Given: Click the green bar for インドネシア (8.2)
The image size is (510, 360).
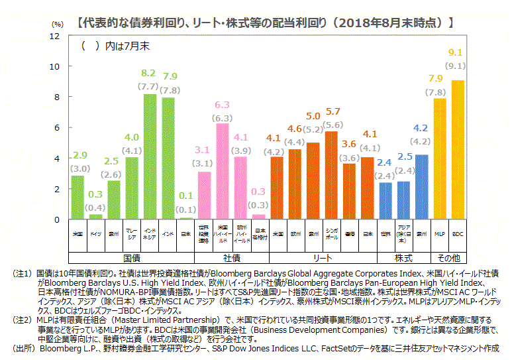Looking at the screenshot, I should pyautogui.click(x=150, y=156).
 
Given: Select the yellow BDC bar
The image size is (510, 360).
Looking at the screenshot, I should pyautogui.click(x=458, y=150).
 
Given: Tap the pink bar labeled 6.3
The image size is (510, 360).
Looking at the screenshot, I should pyautogui.click(x=223, y=171).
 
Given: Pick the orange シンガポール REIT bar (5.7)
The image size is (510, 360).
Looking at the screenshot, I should pyautogui.click(x=331, y=175).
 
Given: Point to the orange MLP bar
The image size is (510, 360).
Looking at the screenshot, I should pyautogui.click(x=440, y=158).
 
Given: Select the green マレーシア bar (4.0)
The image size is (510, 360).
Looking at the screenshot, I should pyautogui.click(x=132, y=188).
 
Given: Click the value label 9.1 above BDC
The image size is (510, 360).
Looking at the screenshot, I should pyautogui.click(x=456, y=52).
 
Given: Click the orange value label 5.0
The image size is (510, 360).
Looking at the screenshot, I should pyautogui.click(x=313, y=117).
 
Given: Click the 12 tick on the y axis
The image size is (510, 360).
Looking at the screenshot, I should pyautogui.click(x=55, y=36).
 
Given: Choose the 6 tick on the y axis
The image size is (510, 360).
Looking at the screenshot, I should pyautogui.click(x=57, y=127).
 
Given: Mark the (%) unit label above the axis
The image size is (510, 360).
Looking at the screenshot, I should pyautogui.click(x=58, y=24).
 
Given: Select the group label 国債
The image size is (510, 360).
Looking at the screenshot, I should pyautogui.click(x=132, y=257).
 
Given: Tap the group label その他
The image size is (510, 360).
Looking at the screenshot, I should pyautogui.click(x=449, y=257).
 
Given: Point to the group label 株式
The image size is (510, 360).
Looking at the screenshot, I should pyautogui.click(x=403, y=257).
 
